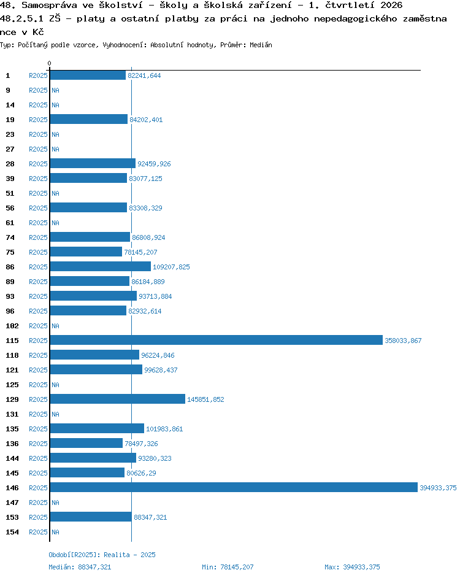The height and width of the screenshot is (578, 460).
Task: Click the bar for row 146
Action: coord(234,487)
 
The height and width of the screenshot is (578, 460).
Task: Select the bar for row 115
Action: coord(217,340)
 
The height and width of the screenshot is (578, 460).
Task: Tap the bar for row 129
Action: coord(118,399)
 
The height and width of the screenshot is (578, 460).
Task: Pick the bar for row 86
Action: coord(100,266)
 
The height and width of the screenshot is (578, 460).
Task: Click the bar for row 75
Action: coord(86,252)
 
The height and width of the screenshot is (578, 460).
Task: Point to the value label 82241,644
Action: coord(144,75)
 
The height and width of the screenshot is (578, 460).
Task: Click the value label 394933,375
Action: coord(438,488)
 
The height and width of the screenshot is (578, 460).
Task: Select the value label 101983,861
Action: coord(164,429)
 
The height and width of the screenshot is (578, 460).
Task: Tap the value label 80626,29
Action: coord(141,473)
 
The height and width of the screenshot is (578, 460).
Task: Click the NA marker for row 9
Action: coord(55,90)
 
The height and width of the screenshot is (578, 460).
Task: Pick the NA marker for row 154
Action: coord(55,532)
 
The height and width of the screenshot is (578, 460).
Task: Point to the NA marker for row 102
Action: coord(55,326)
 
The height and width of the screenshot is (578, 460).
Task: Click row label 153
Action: coord(12,517)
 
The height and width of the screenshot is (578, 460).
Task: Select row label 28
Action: coord(10,164)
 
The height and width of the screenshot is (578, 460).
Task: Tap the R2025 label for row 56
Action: coord(38,208)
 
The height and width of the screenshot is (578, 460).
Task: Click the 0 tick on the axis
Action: coord(50,63)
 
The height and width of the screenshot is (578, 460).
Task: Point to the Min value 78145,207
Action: coord(237,567)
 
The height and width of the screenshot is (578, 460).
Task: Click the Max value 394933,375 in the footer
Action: coord(361,567)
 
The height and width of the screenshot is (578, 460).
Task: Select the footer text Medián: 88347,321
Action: coord(80,567)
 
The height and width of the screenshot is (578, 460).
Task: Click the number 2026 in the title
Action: coord(391,5)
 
